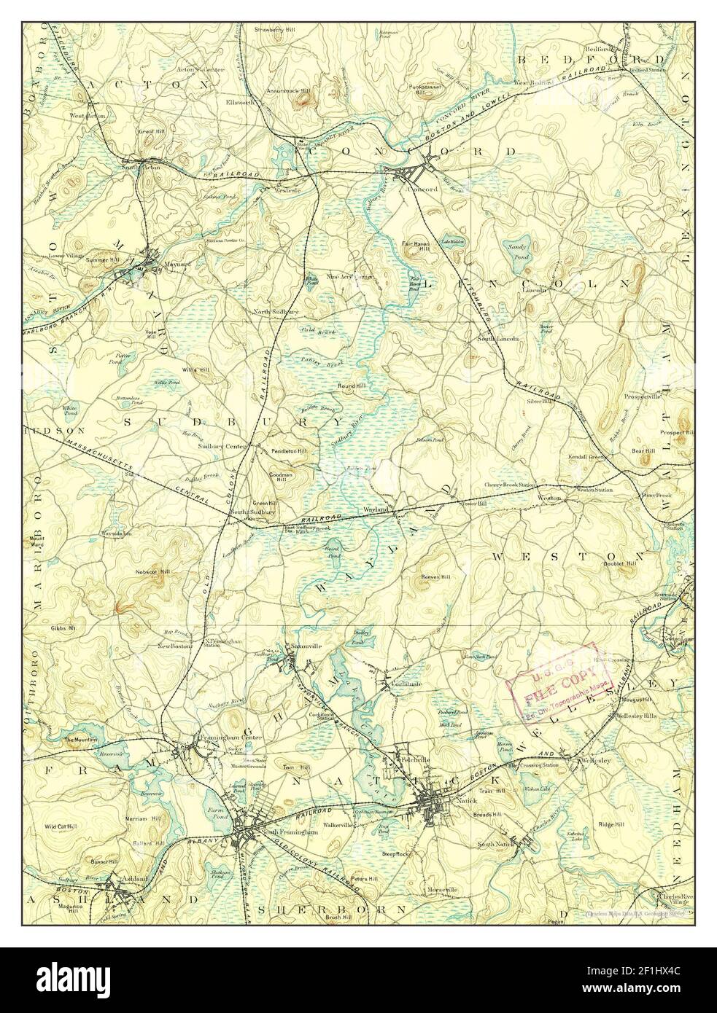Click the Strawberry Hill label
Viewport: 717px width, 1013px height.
pos(272,30)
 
